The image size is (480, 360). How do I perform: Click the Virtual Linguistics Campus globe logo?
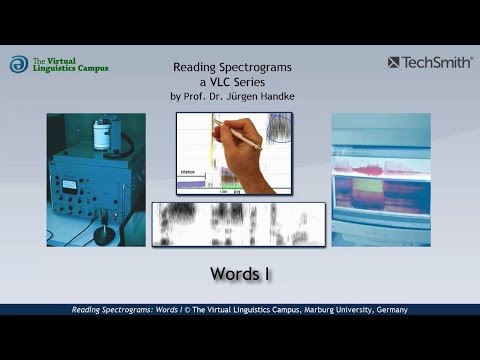click(x=19, y=64)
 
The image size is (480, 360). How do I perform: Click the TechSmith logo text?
click(x=437, y=62)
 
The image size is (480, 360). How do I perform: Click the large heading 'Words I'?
click(x=239, y=272)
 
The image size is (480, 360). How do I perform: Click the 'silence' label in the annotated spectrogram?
click(x=189, y=173)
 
